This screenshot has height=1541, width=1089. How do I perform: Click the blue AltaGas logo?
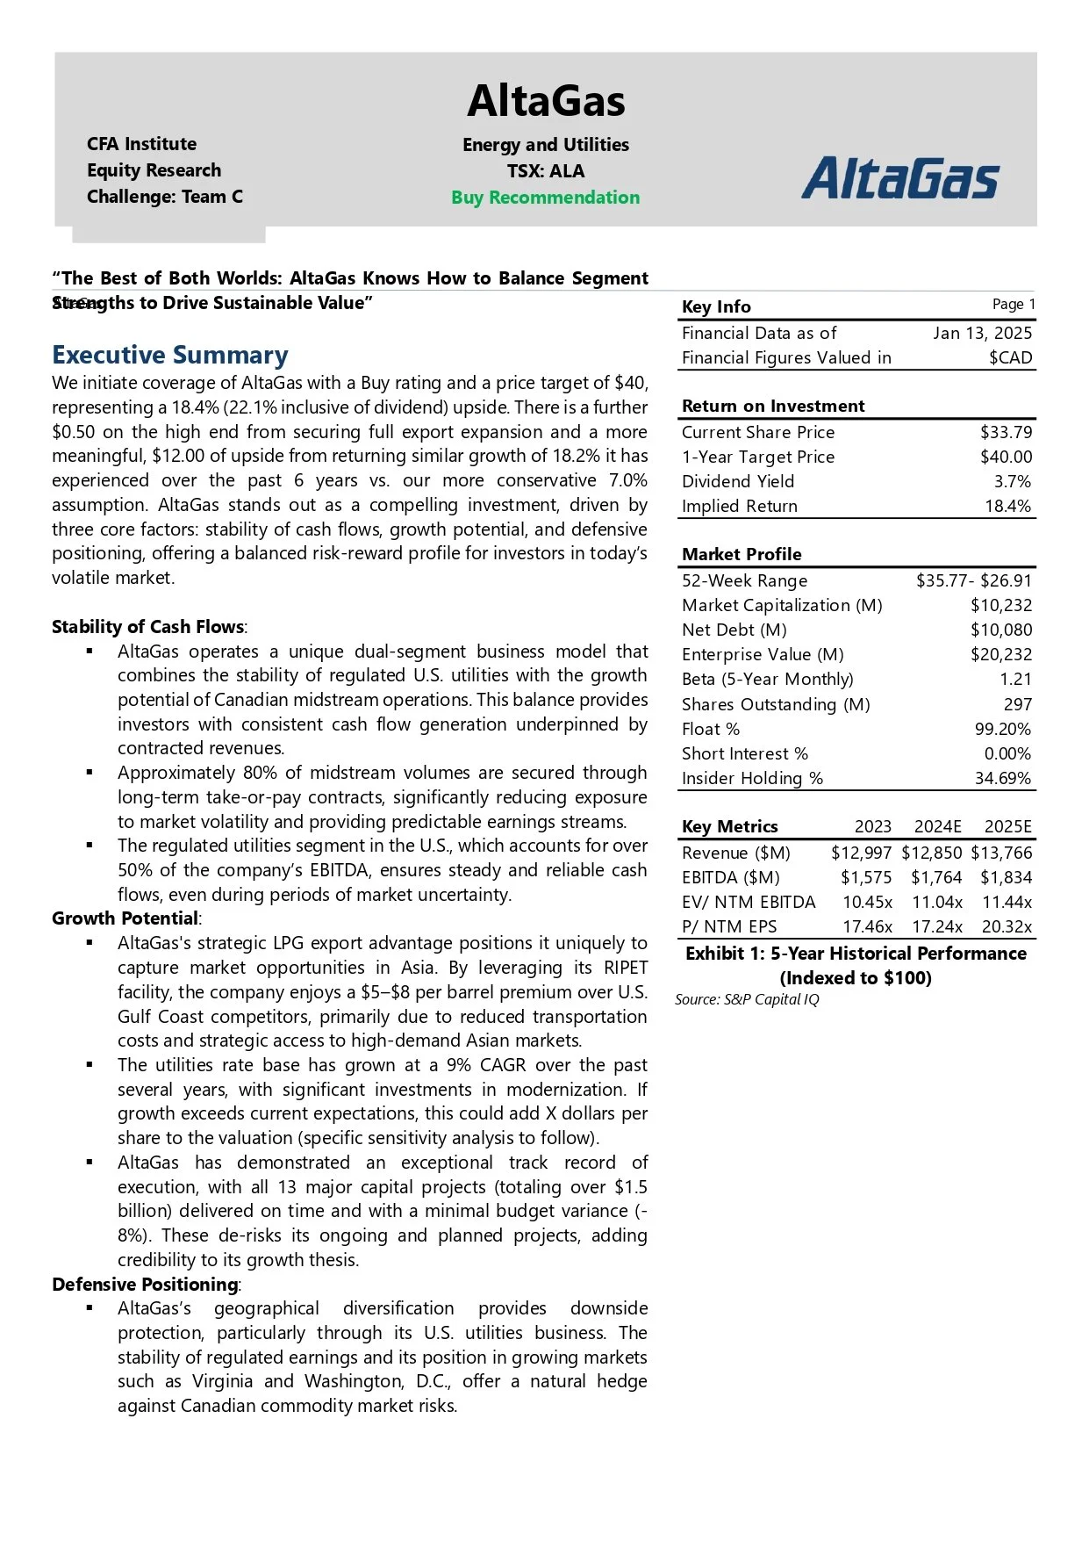[x=900, y=178]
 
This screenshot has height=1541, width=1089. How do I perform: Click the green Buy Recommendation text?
[x=545, y=198]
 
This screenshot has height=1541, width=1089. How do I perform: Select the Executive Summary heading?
[x=169, y=355]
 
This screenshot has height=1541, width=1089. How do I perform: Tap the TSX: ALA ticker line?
[x=545, y=171]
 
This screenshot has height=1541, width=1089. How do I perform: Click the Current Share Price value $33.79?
[x=1006, y=432]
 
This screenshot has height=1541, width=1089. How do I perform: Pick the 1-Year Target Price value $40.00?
[x=1006, y=457]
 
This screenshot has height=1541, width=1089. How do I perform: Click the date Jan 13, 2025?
[x=982, y=333]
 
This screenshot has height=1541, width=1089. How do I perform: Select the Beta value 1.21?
[x=1015, y=679]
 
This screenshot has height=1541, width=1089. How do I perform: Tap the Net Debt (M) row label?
[x=734, y=630]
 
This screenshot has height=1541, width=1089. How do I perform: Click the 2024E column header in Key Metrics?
[x=937, y=826]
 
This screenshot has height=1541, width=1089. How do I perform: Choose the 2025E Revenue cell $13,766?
[x=1001, y=853]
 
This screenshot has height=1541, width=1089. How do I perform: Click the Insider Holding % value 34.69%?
[x=1002, y=778]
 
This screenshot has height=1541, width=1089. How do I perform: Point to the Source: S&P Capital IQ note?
[x=747, y=999]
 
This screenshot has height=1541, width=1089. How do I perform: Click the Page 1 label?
[x=1014, y=304]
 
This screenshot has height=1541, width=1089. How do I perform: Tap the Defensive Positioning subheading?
[x=146, y=1285]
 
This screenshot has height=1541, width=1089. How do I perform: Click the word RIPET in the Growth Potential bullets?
[x=625, y=968]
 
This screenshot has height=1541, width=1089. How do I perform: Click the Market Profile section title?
[x=742, y=554]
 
